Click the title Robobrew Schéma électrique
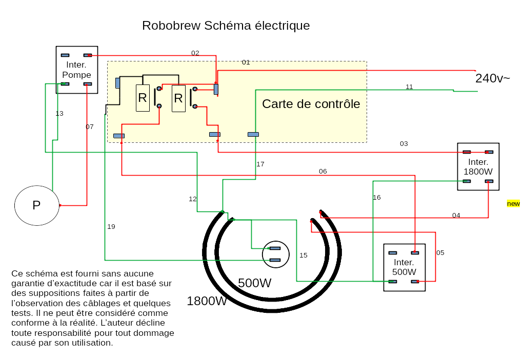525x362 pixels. coord(226,26)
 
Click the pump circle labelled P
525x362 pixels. coord(37,205)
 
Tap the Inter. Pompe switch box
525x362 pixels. coord(76,70)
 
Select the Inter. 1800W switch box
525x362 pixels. coord(478,166)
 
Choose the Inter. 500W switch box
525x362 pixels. coord(404,267)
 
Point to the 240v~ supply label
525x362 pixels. coord(492,78)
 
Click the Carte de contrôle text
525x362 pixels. coord(311,104)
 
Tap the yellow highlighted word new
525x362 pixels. coord(513,204)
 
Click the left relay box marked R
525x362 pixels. coord(143,98)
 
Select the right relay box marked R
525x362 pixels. coord(178,98)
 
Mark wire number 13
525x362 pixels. coord(59,114)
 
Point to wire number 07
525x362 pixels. coord(90,127)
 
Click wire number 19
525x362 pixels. coord(111,227)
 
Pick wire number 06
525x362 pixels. coord(322,172)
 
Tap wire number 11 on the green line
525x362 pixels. coord(409,87)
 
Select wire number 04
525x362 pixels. coord(456,216)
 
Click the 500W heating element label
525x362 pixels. coord(254,283)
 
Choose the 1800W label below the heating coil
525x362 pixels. coord(207,301)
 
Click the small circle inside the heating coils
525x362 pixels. coord(275,254)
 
